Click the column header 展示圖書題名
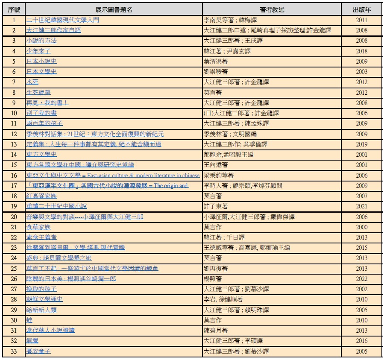(114, 9)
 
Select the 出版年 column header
(361, 9)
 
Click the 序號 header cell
(14, 9)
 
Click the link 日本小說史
(41, 61)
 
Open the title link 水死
(32, 82)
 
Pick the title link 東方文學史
(41, 155)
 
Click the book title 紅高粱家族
(41, 196)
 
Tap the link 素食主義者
(41, 237)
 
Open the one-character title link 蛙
(29, 320)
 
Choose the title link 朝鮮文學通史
(44, 299)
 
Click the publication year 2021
(361, 206)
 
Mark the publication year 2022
(361, 279)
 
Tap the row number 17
(14, 186)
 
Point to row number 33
(14, 351)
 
